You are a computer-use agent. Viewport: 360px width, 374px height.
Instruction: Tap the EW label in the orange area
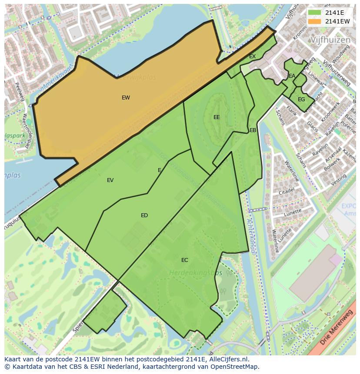pos(126,98)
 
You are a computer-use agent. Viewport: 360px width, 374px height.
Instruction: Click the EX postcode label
pos(252,56)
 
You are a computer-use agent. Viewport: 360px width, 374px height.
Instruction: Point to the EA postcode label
pos(292,76)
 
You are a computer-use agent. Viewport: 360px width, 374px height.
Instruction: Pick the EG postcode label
pos(301,99)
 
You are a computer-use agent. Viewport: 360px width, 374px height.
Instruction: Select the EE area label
pos(217,117)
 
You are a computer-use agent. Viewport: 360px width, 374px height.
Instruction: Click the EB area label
pos(253,130)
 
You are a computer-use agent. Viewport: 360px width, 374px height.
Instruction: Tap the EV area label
pos(110,180)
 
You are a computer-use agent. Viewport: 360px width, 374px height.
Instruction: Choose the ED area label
pos(144,215)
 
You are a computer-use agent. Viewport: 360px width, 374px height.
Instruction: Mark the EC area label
pos(185,260)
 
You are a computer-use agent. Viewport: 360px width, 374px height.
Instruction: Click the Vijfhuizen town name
pos(330,40)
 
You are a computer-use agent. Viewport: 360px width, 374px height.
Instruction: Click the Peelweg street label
pos(20,92)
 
